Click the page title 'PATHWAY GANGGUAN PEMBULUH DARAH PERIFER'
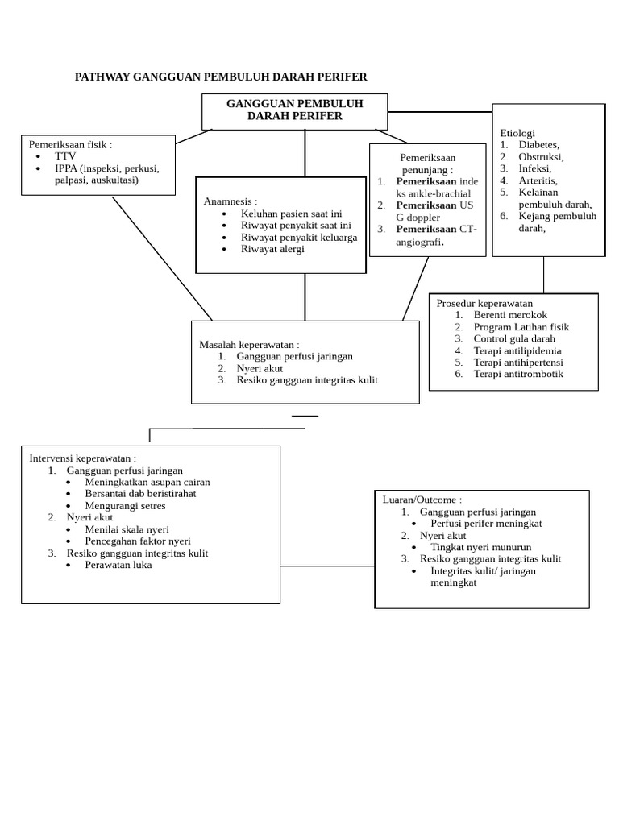click(x=221, y=77)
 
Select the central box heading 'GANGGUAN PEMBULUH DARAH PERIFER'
click(x=294, y=110)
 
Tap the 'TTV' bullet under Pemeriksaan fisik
click(x=65, y=156)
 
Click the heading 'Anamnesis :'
click(x=231, y=201)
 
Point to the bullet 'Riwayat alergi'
click(x=272, y=249)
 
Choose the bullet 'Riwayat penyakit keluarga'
click(x=298, y=237)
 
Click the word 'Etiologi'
click(x=517, y=133)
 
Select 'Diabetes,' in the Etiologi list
click(x=539, y=145)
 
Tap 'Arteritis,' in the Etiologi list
click(x=538, y=180)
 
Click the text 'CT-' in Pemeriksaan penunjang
click(x=468, y=229)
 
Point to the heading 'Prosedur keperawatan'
click(x=479, y=303)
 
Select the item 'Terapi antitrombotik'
click(x=518, y=374)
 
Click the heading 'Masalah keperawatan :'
click(x=249, y=344)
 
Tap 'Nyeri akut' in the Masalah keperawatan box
click(x=260, y=368)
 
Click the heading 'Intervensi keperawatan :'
click(x=88, y=458)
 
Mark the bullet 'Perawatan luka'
click(x=118, y=565)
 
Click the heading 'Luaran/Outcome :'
click(x=422, y=500)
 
